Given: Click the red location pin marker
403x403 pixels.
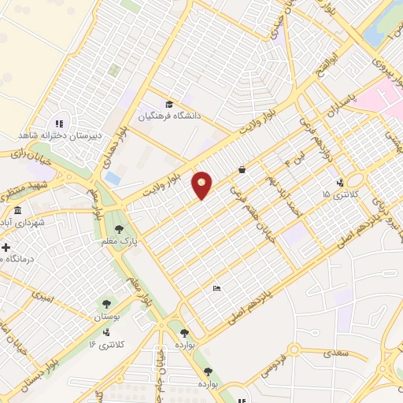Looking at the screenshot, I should click(x=202, y=185).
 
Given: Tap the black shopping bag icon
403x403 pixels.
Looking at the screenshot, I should click(x=241, y=169).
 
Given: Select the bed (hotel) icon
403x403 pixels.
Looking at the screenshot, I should click(x=217, y=289).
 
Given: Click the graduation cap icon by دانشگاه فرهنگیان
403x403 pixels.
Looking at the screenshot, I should click(x=168, y=105).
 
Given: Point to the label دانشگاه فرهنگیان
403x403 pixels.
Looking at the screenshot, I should click(x=171, y=116).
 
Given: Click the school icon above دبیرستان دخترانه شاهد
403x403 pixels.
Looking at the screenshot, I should click(x=57, y=123).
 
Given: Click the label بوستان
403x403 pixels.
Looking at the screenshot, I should click(x=107, y=316).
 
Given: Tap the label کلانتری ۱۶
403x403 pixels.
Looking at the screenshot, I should click(x=102, y=344).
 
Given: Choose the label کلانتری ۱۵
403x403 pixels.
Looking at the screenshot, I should click(x=340, y=194).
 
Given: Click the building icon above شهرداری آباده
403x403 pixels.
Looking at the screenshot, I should click(x=17, y=211).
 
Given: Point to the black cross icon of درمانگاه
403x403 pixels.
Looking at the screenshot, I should click(x=6, y=247).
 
